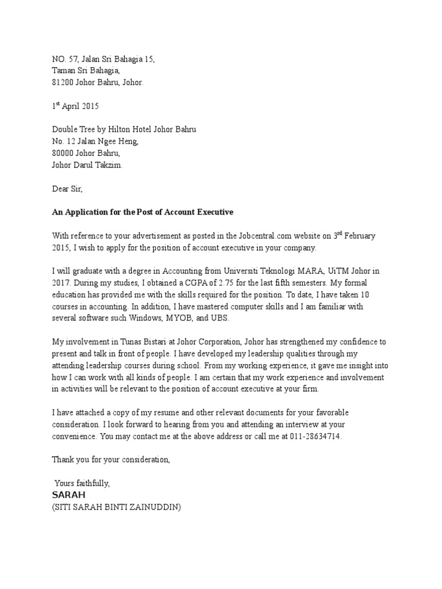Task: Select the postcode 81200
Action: tap(63, 82)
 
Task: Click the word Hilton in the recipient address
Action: tap(125, 130)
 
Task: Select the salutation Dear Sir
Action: tap(67, 189)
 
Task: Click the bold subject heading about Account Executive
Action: tap(142, 212)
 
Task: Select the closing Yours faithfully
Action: tap(82, 483)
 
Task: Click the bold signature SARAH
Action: tap(68, 495)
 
